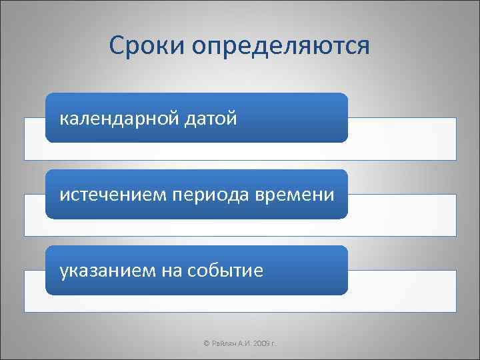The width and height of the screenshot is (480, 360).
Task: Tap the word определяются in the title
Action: [280, 47]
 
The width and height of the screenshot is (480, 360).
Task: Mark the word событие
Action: [227, 270]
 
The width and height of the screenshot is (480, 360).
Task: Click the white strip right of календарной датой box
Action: [402, 139]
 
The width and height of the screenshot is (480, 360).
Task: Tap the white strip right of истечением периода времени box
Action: [402, 215]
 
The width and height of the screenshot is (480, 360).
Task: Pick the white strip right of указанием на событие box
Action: [402, 291]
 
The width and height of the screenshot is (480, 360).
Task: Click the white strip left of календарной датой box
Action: [35, 139]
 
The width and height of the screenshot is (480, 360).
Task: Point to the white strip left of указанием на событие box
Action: [35, 291]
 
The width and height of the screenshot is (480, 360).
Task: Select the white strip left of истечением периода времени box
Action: [35, 215]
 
